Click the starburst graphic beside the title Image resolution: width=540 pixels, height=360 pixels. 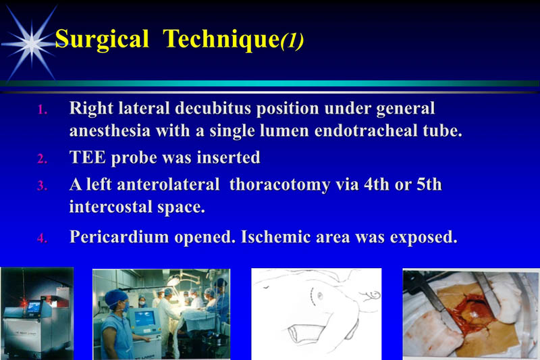[x=30, y=41]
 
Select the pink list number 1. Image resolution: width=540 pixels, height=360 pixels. [x=42, y=110]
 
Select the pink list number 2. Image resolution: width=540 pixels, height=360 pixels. [x=42, y=159]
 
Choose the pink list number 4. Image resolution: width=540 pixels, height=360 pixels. [x=42, y=239]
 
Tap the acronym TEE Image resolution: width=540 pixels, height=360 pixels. [x=86, y=158]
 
